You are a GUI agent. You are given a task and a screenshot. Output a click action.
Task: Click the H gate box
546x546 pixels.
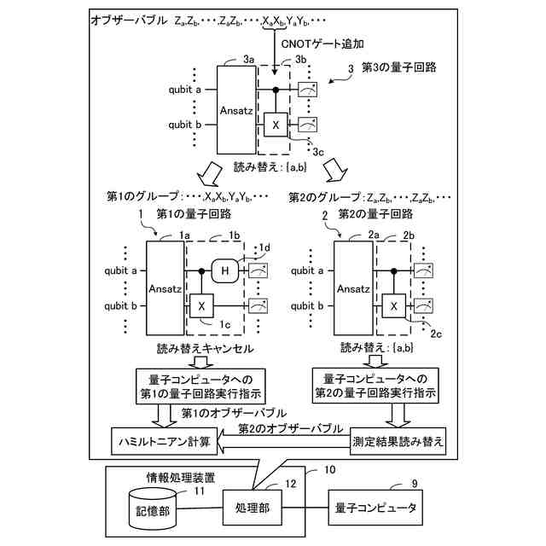click(226, 271)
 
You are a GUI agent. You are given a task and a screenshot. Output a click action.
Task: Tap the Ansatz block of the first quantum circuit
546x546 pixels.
click(165, 288)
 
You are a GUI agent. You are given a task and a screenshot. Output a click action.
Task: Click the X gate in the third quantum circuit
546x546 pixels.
click(276, 125)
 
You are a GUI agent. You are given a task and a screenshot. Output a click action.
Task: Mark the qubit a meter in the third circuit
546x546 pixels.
click(309, 90)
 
